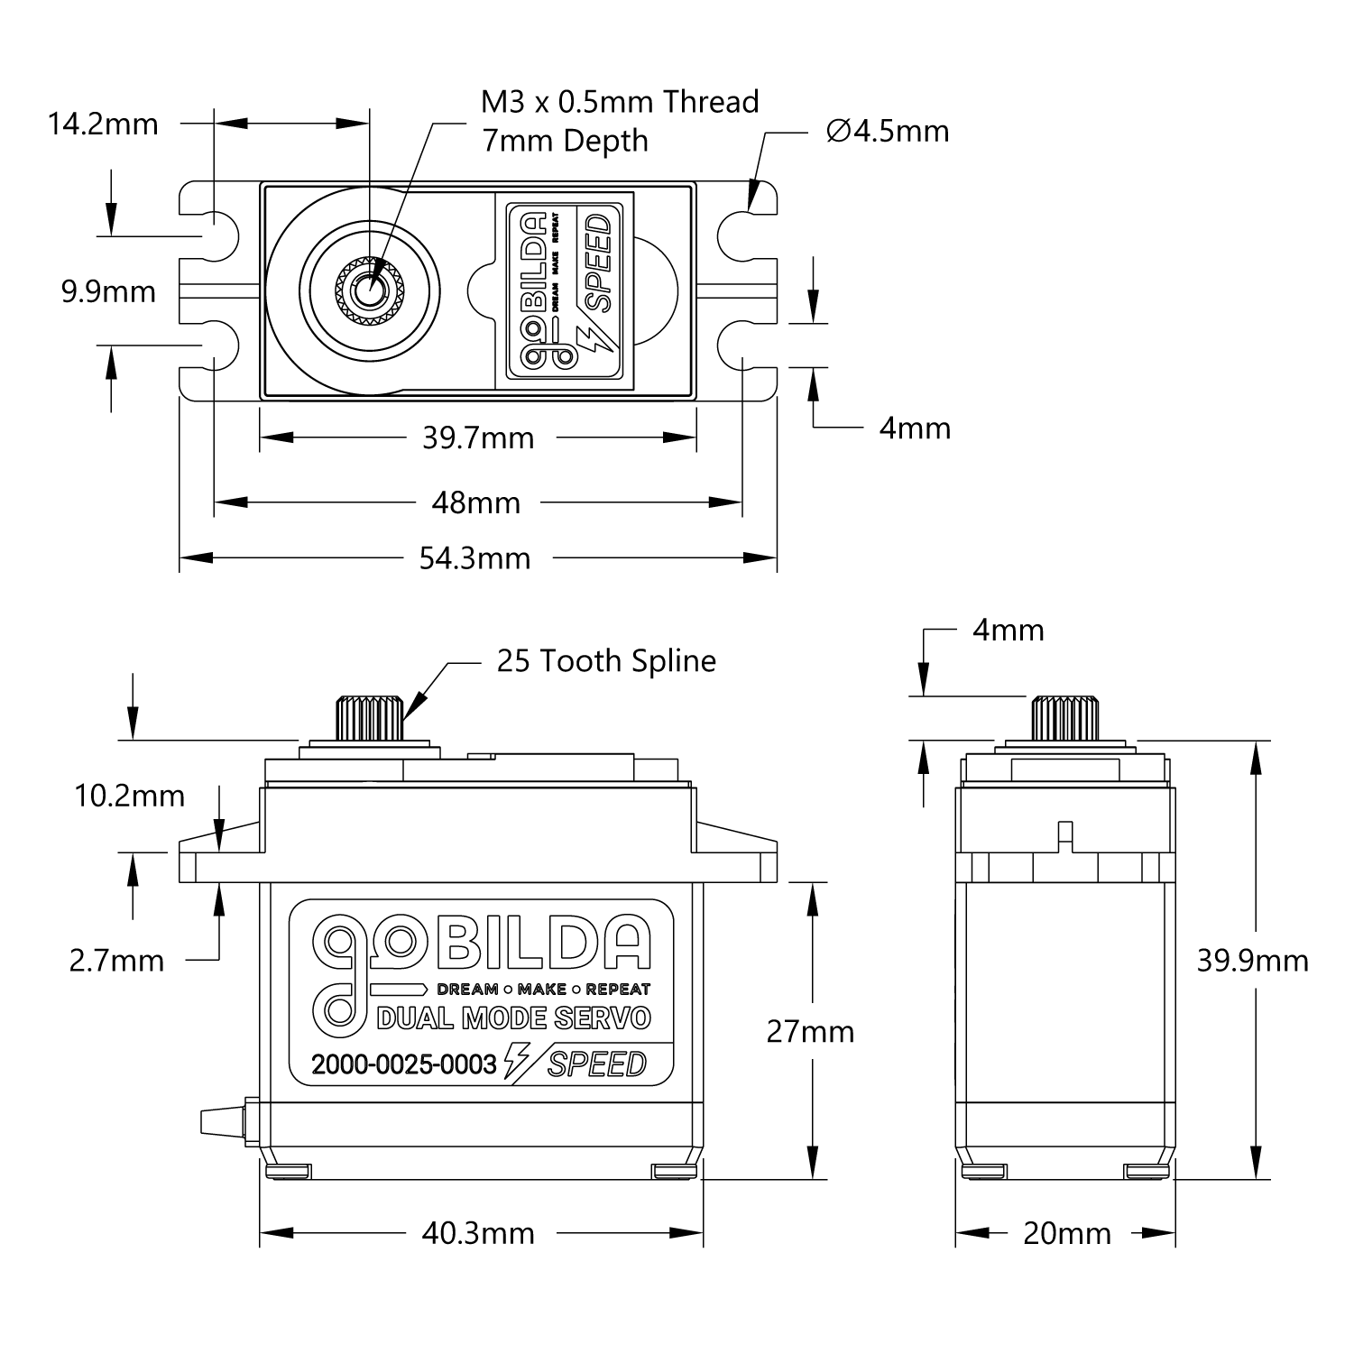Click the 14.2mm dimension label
point(103,124)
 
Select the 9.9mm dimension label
point(108,292)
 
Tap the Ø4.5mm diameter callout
point(888,132)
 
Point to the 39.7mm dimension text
point(478,438)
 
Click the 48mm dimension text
point(476,502)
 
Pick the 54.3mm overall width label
point(474,558)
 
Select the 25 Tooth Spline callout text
point(606,661)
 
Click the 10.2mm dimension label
point(129,796)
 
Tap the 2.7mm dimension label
point(117,961)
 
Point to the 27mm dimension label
point(810,1031)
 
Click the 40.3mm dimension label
point(478,1233)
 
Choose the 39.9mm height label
point(1252,962)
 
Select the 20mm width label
point(1067,1233)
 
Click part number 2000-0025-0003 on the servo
point(404,1065)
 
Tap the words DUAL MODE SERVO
point(513,1018)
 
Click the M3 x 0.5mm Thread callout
point(620,102)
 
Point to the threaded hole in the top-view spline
point(367,290)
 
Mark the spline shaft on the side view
point(1066,719)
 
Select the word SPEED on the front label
point(597,1064)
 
